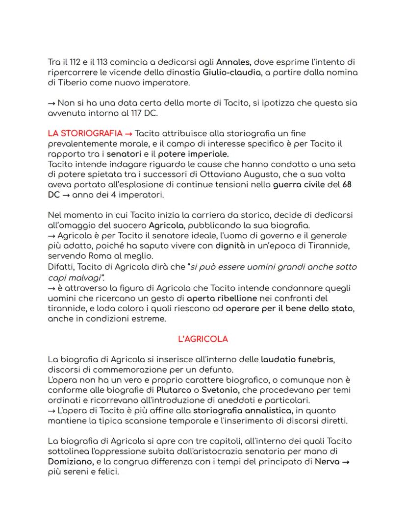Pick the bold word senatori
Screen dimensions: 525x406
(124, 154)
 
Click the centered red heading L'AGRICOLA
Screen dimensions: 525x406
(203, 339)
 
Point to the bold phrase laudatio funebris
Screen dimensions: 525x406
(298, 359)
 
